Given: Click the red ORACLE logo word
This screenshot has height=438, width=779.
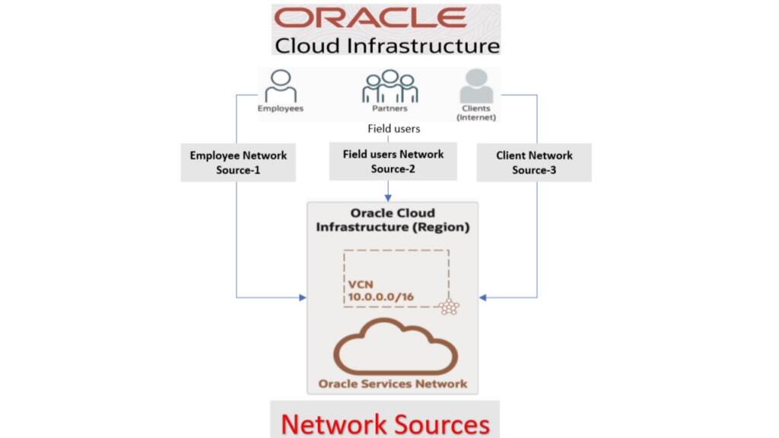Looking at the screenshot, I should [x=371, y=18].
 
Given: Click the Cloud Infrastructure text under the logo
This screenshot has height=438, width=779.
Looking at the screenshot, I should [x=386, y=45].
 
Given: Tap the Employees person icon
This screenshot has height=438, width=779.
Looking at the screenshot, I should [x=280, y=86].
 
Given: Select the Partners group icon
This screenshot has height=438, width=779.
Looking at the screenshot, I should [x=389, y=86].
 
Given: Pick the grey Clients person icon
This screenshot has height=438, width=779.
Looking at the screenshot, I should [x=476, y=87].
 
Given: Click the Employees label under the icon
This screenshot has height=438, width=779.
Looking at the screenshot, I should [x=280, y=108].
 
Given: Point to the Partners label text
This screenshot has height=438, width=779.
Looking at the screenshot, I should [x=389, y=108].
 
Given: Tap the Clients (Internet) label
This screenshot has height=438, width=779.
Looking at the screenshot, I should [x=476, y=113].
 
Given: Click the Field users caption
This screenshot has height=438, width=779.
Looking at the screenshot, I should [x=393, y=129].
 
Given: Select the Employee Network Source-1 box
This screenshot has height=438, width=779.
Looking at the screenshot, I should [x=238, y=162].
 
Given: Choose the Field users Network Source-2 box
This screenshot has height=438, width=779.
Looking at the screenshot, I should [x=393, y=161].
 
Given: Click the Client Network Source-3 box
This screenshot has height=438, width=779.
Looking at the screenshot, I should [x=534, y=162].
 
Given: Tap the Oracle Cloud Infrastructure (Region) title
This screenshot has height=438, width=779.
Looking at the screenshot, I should [x=393, y=220].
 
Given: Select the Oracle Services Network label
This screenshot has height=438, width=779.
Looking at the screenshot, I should [x=393, y=383].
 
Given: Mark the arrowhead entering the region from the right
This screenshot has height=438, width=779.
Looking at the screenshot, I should [x=483, y=297].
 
